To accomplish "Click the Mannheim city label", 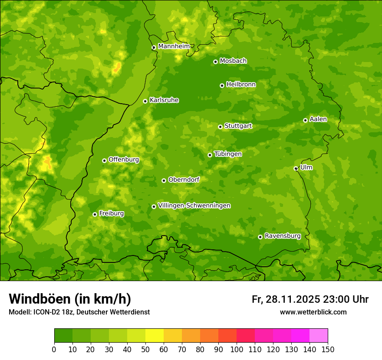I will pos(174,46).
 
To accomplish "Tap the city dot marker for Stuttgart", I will pos(220,127).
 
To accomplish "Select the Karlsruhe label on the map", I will pos(164,100).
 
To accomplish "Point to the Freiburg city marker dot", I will pos(95,214).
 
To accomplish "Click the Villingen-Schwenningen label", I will pos(194,206).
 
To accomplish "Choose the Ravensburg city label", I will pos(283,236).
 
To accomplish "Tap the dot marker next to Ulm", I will pos(296,168).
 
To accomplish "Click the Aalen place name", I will pos(318,119).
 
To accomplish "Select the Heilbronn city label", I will pos(241,85).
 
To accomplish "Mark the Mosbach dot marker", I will pos(215,62).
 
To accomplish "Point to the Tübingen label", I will pos(228,154).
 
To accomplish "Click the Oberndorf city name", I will pos(184,180).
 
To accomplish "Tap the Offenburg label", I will pos(124,160).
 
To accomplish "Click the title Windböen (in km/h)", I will pos(70,299).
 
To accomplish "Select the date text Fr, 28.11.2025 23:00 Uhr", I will pos(310,299).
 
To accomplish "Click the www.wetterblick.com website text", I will pos(313,312).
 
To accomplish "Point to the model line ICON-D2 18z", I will pos(79,312).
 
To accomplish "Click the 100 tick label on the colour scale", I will pos(237,349).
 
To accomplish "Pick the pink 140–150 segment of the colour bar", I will pos(319,336).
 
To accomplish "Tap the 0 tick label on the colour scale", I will pos(54,349).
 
